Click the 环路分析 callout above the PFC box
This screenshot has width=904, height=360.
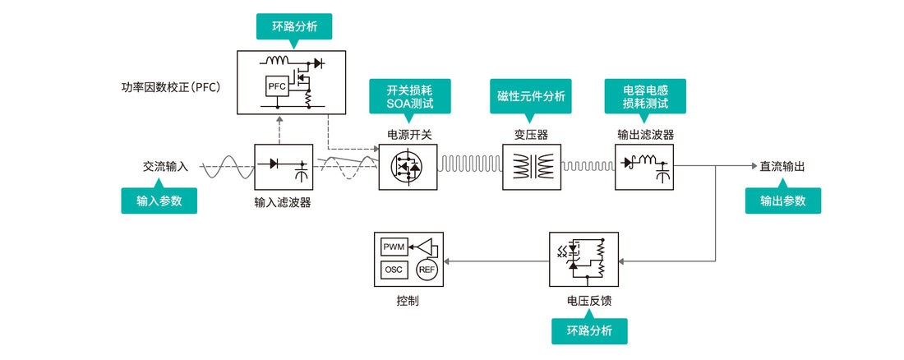click(294, 26)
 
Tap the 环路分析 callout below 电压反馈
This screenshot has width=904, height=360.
click(589, 331)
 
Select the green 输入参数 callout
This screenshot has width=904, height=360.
click(159, 201)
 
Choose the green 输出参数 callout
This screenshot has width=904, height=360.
click(783, 201)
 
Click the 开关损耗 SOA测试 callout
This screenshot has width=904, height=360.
click(409, 97)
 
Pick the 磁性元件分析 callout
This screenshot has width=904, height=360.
click(531, 96)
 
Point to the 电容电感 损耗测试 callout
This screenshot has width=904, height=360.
click(645, 97)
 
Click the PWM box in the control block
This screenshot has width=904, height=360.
click(394, 247)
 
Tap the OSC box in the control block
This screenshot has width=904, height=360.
click(394, 270)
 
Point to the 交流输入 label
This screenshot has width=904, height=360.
click(165, 167)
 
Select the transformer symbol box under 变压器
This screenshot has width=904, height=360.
click(531, 167)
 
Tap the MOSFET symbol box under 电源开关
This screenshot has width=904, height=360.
click(408, 167)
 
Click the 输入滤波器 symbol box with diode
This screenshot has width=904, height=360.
click(284, 167)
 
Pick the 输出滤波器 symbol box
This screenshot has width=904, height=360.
click(644, 167)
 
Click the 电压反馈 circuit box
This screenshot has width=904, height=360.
click(584, 260)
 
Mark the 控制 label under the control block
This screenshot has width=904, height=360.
click(408, 301)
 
